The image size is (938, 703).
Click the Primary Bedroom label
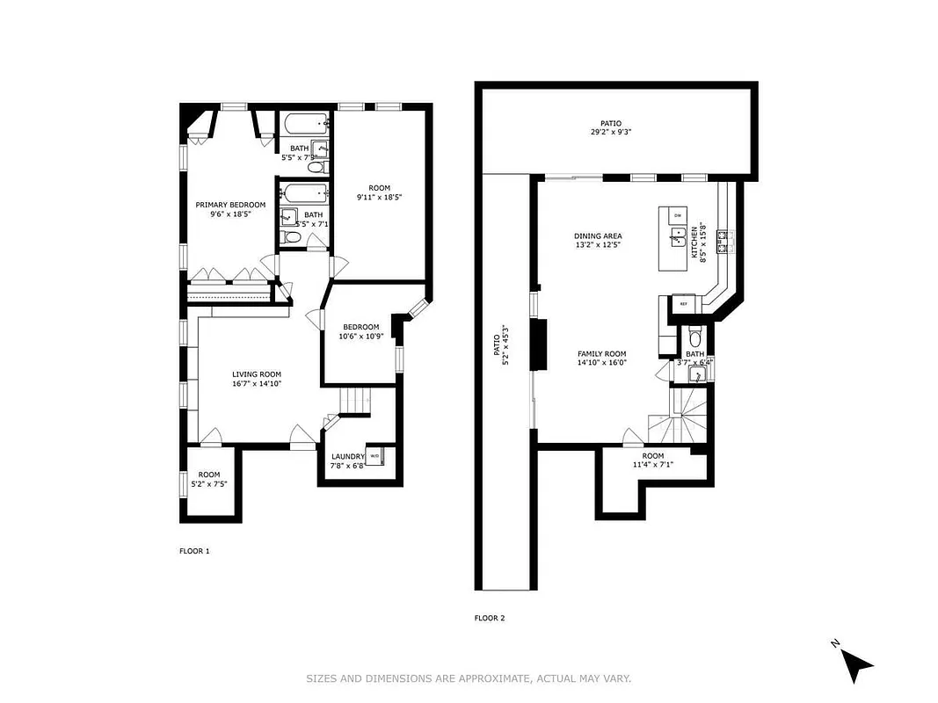[x=229, y=205]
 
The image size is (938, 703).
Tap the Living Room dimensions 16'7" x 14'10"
[x=257, y=384]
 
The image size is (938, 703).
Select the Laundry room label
[x=347, y=456]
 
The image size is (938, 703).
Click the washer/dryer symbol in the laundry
[x=374, y=456]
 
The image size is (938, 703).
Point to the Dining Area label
[x=598, y=236]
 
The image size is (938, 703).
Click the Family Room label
[x=601, y=353]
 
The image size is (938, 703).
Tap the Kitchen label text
[x=694, y=243]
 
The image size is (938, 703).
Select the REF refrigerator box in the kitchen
[x=683, y=303]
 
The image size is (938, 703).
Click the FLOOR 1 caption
[x=194, y=551]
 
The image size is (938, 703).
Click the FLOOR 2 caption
[x=490, y=618]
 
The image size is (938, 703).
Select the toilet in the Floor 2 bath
[x=695, y=337]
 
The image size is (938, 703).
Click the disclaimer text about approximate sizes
[x=469, y=678]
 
